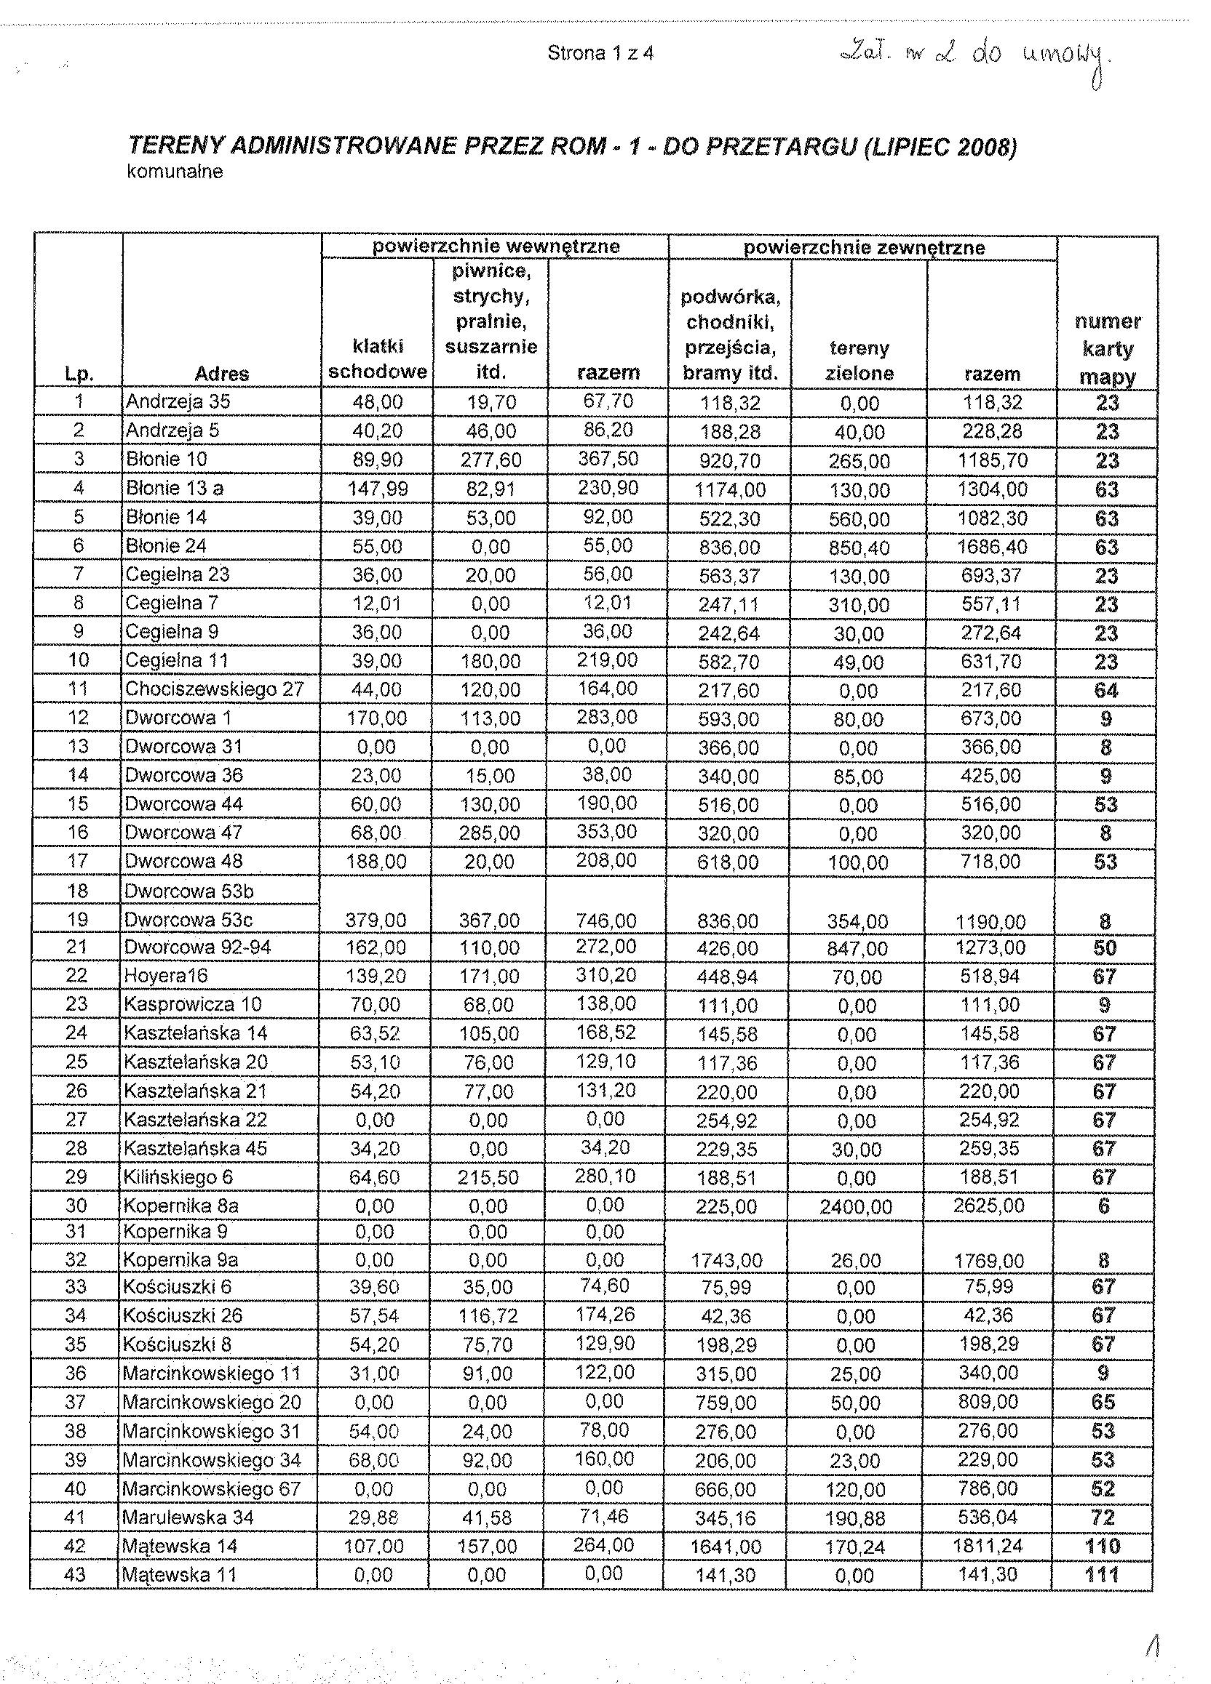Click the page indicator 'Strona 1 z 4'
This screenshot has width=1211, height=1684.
(600, 53)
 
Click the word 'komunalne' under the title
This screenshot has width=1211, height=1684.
(175, 172)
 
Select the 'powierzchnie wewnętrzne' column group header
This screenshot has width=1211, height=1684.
(496, 246)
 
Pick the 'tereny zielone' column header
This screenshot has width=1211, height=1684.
(859, 361)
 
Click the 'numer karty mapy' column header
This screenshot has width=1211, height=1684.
(1107, 349)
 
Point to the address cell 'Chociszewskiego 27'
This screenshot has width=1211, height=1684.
(215, 689)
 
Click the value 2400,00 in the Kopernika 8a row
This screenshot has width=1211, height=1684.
(856, 1207)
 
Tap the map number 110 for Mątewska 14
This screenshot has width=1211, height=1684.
(1103, 1547)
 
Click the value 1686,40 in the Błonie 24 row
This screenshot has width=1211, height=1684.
(992, 548)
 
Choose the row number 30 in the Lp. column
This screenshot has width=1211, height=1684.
(76, 1206)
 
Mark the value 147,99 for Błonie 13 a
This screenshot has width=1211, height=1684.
(378, 489)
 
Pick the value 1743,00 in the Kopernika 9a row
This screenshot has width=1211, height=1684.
(726, 1261)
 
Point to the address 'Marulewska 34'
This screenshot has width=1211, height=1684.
(188, 1517)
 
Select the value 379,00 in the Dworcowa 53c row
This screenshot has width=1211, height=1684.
(377, 921)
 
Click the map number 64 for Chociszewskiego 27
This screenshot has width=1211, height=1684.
(1105, 691)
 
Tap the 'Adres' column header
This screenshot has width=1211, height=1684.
(221, 374)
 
